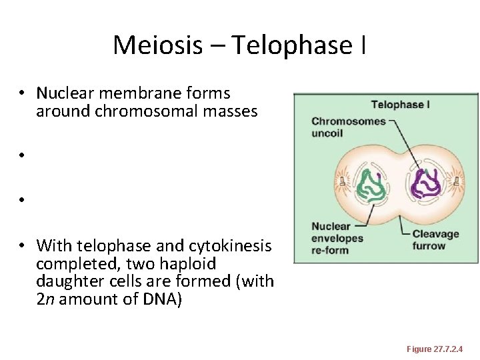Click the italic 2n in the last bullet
coord(45,299)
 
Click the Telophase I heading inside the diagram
coord(400,105)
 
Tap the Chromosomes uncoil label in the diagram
coord(349,127)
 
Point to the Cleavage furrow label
coord(435,239)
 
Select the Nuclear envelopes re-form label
coord(337,239)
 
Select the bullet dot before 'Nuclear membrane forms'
coord(22,93)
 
